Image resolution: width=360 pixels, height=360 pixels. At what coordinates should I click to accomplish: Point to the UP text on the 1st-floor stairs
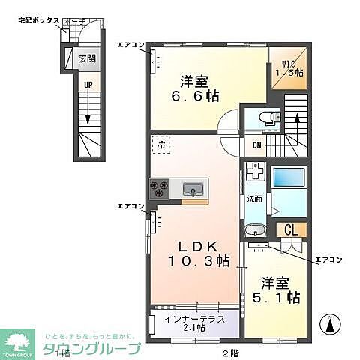click(x=88, y=86)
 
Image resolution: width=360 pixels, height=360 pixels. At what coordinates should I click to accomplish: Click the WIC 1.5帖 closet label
click(x=288, y=67)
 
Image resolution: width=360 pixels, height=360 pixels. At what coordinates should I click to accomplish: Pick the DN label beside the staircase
click(x=256, y=145)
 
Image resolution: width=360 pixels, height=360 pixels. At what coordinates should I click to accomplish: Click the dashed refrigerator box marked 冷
click(x=160, y=144)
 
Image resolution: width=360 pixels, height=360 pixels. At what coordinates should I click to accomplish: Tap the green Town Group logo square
click(x=19, y=342)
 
